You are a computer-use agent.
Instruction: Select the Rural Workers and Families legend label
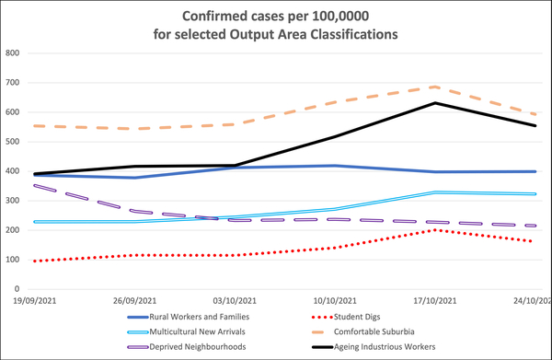pos(198,317)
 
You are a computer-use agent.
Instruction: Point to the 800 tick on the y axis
pos(13,53)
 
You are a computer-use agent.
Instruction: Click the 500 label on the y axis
pos(13,142)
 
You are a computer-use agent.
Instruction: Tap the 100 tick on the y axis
pos(13,260)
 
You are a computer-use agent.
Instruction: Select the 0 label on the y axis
pos(17,289)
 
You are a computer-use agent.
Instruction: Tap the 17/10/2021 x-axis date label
pos(433,301)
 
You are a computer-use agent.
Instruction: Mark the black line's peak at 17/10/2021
pos(434,103)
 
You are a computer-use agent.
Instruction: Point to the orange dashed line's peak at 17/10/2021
pos(434,87)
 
